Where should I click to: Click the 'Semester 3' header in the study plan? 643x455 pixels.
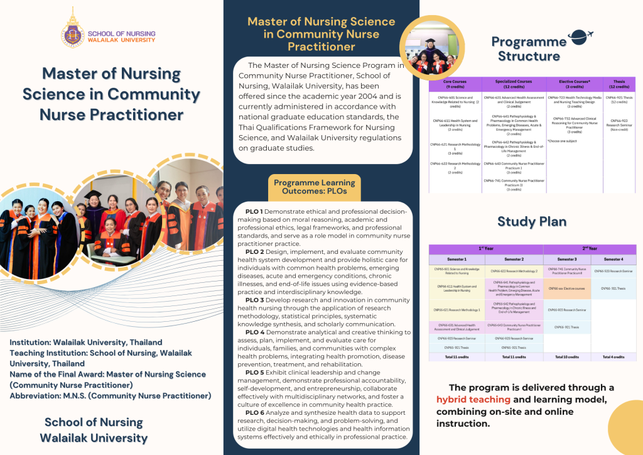(x=567, y=259)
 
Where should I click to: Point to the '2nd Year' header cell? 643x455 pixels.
(x=589, y=248)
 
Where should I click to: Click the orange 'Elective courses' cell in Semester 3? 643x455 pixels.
(x=567, y=288)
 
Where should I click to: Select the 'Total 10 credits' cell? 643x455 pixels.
(x=567, y=356)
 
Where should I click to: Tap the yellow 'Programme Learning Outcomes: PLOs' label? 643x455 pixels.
(x=315, y=187)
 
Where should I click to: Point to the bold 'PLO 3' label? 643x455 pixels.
(x=254, y=300)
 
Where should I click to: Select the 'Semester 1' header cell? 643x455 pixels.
(x=455, y=259)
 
